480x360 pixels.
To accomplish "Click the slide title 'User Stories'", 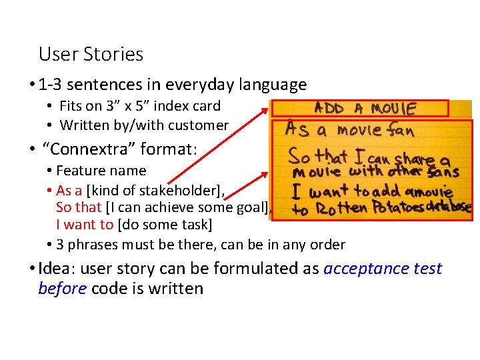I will [x=91, y=54].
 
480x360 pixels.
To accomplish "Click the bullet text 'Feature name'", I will [x=101, y=171].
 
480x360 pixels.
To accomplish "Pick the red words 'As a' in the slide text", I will [x=69, y=191].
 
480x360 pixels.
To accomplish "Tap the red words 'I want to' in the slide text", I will [x=85, y=225].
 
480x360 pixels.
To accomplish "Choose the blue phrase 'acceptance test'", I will [x=383, y=268].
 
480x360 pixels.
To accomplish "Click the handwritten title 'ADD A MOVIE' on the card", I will [x=365, y=107].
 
